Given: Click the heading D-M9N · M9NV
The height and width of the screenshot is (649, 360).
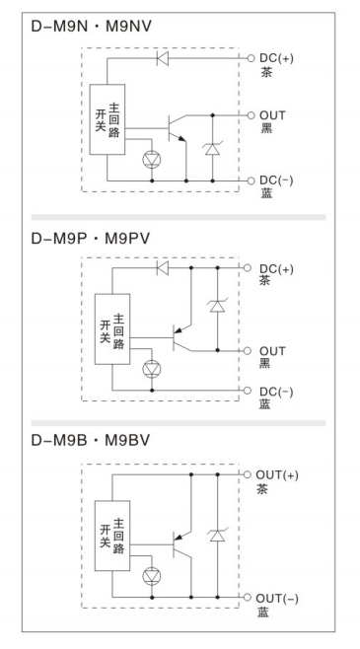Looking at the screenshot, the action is [91, 26].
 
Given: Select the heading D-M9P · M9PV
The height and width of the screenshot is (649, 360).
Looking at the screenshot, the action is [90, 239].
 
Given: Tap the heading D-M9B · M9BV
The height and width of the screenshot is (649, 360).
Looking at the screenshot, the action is [90, 440].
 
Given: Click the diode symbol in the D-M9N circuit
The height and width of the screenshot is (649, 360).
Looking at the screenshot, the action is [163, 58].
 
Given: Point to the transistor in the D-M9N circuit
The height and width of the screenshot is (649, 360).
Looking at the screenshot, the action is [177, 128].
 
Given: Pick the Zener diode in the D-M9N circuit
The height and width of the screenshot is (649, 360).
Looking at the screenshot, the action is [213, 148].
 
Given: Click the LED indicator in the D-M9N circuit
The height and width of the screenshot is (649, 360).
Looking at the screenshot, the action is [152, 159].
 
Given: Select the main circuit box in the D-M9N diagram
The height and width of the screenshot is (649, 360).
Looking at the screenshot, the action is [108, 119].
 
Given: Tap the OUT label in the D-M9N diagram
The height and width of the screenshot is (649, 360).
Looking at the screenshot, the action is [272, 115].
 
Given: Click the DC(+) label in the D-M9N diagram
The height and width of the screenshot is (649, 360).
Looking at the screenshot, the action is [276, 58].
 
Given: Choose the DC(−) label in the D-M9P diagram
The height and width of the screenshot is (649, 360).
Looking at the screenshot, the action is [276, 392].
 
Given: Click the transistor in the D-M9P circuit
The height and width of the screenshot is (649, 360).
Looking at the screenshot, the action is [182, 337].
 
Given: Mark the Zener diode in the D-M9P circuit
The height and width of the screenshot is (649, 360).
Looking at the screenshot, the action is [218, 306].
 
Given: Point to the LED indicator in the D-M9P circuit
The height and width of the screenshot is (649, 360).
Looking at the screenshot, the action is [152, 369].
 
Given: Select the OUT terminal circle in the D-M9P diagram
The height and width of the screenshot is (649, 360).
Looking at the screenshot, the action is [248, 351].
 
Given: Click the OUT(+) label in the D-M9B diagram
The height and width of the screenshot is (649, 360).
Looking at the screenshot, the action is [277, 475].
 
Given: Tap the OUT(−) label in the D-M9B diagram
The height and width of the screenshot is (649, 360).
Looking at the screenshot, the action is [277, 599].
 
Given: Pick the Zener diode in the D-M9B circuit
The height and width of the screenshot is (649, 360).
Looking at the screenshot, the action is [218, 536].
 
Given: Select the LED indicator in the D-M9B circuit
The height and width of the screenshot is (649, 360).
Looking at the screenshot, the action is [152, 576].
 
